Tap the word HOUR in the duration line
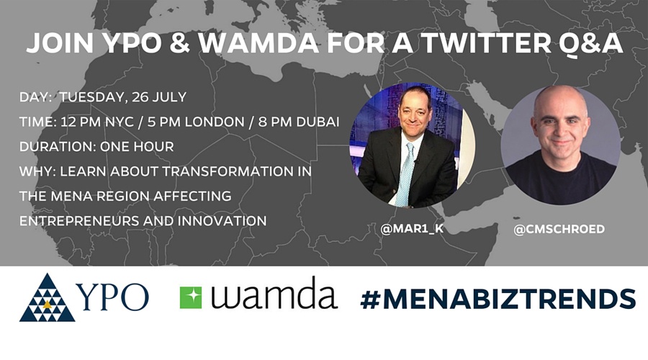(x=154, y=146)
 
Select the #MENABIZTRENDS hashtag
(x=498, y=298)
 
